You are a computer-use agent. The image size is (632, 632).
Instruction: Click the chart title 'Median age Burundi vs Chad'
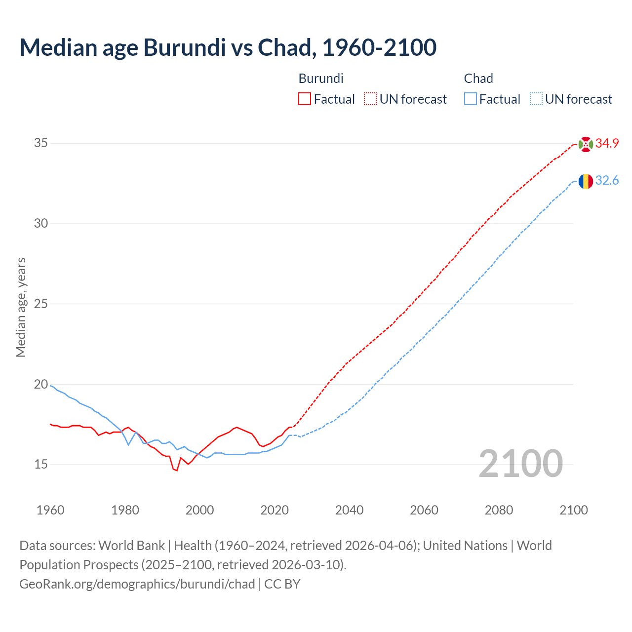[228, 47]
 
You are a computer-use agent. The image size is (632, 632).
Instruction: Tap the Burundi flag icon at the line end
[586, 144]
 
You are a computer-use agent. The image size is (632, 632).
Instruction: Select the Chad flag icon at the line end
[586, 181]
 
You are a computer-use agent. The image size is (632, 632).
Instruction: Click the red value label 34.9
[607, 144]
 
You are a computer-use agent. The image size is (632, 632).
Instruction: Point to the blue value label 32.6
[607, 181]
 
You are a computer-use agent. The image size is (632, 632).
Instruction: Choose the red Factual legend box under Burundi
[305, 99]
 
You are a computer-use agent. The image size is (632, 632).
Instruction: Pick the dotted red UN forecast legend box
[370, 99]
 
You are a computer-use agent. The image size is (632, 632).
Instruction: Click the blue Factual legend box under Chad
[471, 99]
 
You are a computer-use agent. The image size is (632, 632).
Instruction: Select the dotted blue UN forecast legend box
[536, 99]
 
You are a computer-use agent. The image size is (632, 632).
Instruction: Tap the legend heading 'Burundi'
[321, 79]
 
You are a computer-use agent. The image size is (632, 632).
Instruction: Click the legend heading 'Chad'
[478, 79]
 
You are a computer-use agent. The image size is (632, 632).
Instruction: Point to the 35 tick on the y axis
[41, 143]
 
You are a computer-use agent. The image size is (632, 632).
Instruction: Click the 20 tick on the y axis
[41, 384]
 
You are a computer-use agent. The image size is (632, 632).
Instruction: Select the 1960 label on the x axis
[50, 510]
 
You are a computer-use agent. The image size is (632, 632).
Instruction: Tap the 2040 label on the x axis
[349, 510]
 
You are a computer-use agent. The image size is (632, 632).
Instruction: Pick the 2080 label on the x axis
[499, 510]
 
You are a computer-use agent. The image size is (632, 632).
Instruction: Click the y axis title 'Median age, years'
[21, 307]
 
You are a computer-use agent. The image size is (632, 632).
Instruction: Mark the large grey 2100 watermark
[520, 464]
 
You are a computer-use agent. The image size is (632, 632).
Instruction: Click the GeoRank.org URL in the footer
[137, 584]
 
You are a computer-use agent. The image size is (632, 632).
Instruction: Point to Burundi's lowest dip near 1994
[177, 471]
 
